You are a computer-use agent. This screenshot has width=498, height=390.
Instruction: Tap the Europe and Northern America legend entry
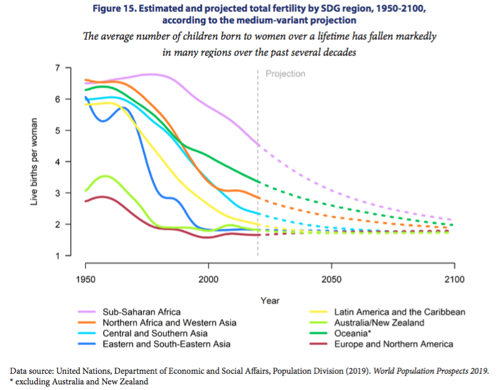394,344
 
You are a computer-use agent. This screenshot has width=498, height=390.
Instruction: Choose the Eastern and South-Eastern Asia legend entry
166,344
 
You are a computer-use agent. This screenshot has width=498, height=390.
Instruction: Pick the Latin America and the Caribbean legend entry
400,312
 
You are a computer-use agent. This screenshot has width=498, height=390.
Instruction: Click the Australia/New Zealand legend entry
379,323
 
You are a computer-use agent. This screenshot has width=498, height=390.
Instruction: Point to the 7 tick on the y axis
60,68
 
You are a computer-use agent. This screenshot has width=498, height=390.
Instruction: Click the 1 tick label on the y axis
60,256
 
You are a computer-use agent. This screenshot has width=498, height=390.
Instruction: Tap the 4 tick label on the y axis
60,162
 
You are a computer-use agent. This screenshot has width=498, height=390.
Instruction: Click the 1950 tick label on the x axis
85,281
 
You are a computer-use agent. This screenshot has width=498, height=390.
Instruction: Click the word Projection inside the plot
285,74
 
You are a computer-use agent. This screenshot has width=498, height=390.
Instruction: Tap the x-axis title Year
270,300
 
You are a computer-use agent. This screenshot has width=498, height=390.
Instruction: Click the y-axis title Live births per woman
36,162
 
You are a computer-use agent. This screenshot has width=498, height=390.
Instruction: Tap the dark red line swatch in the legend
316,344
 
